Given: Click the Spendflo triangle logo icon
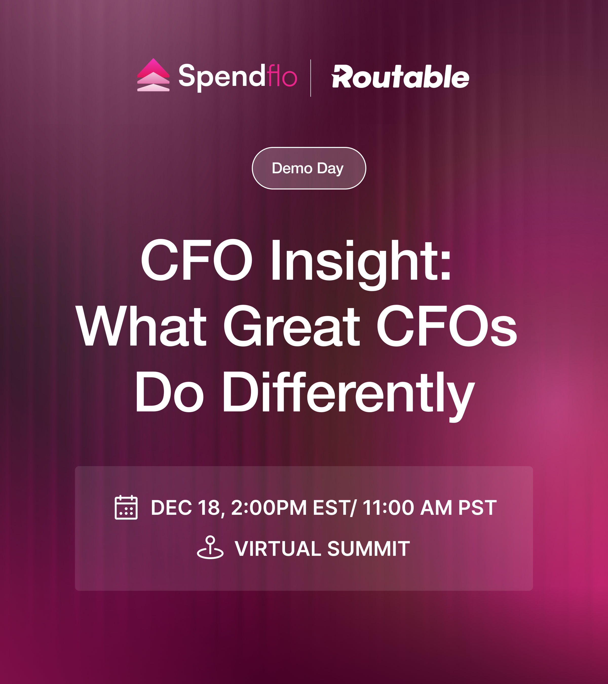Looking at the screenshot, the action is [x=153, y=75].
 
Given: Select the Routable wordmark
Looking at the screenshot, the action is [x=400, y=77].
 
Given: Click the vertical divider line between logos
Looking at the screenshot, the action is [x=311, y=78].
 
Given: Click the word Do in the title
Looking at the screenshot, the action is [x=169, y=391].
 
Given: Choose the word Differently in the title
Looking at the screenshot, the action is [x=349, y=396].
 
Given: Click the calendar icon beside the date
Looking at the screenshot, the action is [x=126, y=507].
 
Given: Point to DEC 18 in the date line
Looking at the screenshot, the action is [x=185, y=508].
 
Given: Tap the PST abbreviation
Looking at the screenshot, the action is [x=478, y=508].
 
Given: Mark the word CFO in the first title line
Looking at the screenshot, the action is [x=196, y=260].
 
